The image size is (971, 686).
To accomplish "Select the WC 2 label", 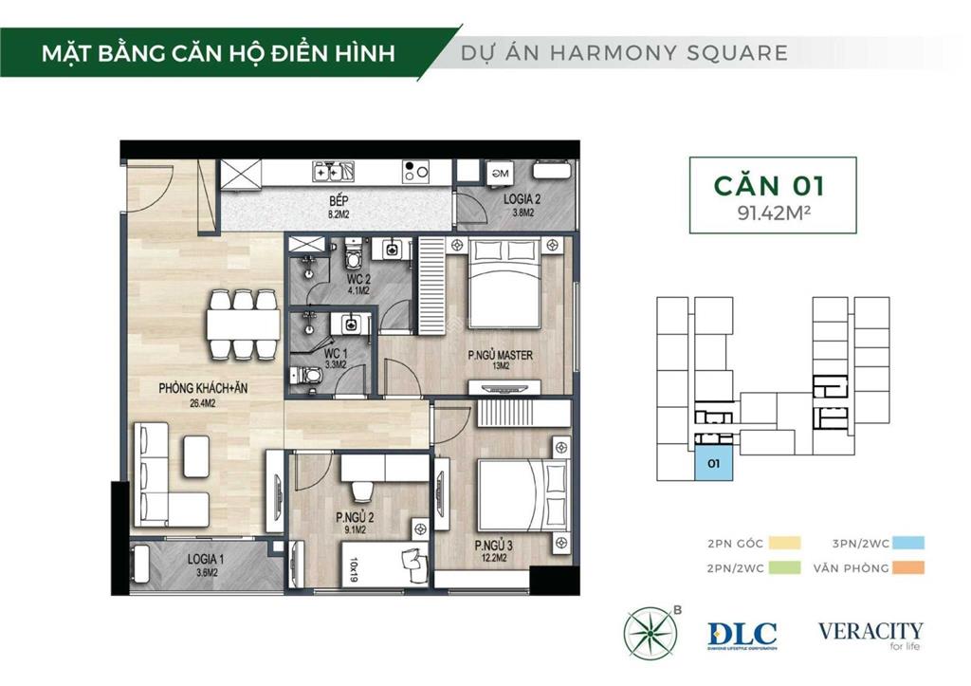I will [x=358, y=280].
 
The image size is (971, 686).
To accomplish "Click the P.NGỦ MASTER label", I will [x=501, y=356].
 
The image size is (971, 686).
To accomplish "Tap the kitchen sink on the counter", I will [x=335, y=172].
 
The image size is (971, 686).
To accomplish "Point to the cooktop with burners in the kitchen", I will [x=415, y=172].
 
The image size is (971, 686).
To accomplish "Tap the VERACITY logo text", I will [x=870, y=631].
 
